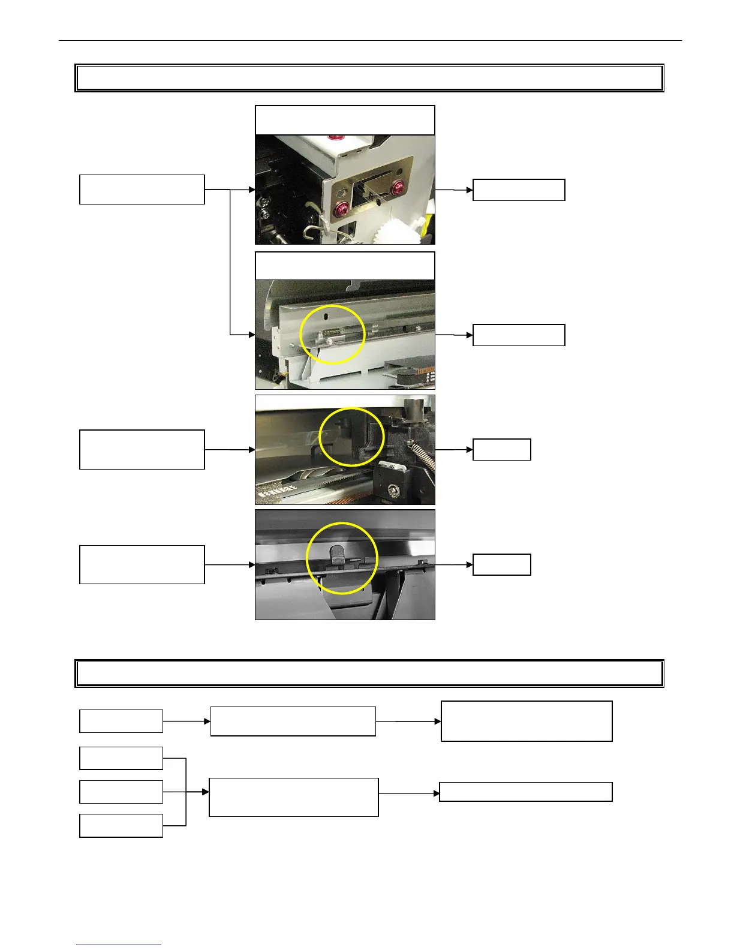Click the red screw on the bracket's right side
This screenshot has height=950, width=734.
[396, 189]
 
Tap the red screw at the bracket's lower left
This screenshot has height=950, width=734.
[341, 209]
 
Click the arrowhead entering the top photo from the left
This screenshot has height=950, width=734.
[251, 190]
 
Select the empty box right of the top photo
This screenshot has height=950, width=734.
[519, 190]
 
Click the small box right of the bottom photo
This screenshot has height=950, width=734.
[501, 564]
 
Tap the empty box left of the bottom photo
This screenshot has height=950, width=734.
[142, 564]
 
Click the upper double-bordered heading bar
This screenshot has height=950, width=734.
[369, 78]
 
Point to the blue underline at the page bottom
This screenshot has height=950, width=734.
[119, 945]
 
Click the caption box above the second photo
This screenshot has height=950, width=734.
[345, 266]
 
